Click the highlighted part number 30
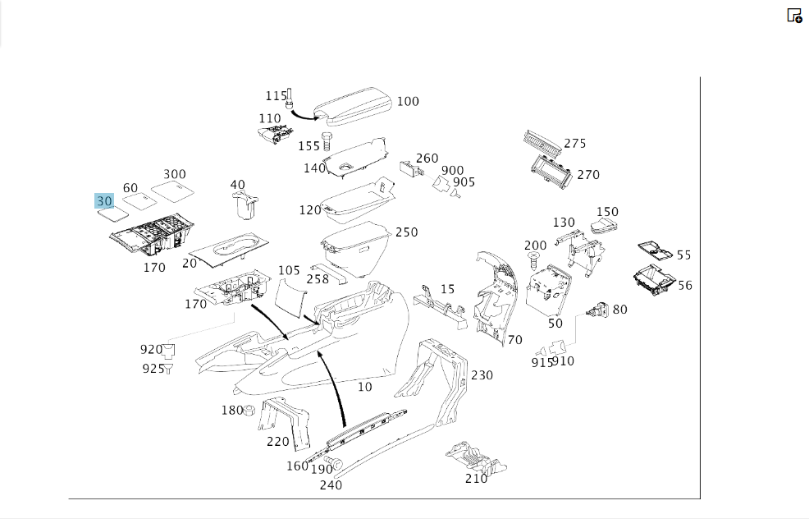tap(104, 201)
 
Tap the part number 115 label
tap(276, 96)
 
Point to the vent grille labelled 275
tap(542, 143)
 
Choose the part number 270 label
tap(588, 175)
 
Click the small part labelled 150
tap(604, 225)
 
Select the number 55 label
tap(683, 255)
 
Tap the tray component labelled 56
tap(654, 280)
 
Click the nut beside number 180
tap(249, 411)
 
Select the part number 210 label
tap(476, 479)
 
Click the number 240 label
tap(331, 485)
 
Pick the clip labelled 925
tap(168, 369)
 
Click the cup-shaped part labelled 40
tap(245, 206)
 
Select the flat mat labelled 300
tap(172, 191)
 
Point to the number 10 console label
tap(365, 387)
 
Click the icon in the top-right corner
tap(794, 16)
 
